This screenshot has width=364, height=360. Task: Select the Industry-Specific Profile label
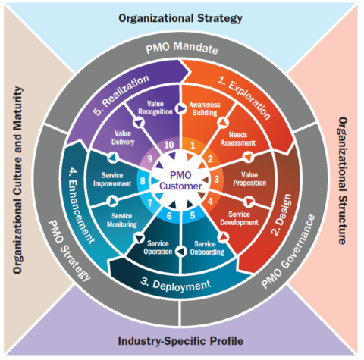click(x=182, y=341)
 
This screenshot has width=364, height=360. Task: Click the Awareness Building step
click(x=205, y=109)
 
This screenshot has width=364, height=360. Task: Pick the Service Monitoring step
click(x=121, y=221)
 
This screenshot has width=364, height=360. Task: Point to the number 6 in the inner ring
click(x=170, y=215)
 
